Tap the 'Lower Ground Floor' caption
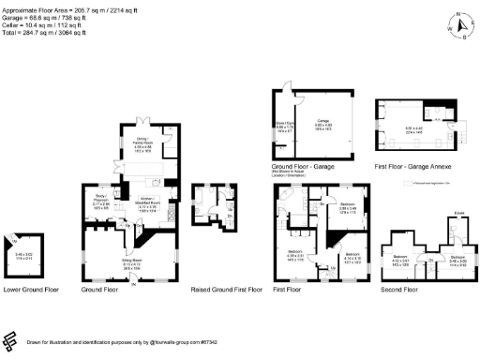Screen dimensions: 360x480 tap(31, 290)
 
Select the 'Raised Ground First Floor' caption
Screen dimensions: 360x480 tap(225, 290)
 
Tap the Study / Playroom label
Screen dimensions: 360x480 tap(102, 198)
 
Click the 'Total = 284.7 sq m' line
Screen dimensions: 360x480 tap(45, 31)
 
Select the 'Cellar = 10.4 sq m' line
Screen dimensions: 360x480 tap(43, 24)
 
